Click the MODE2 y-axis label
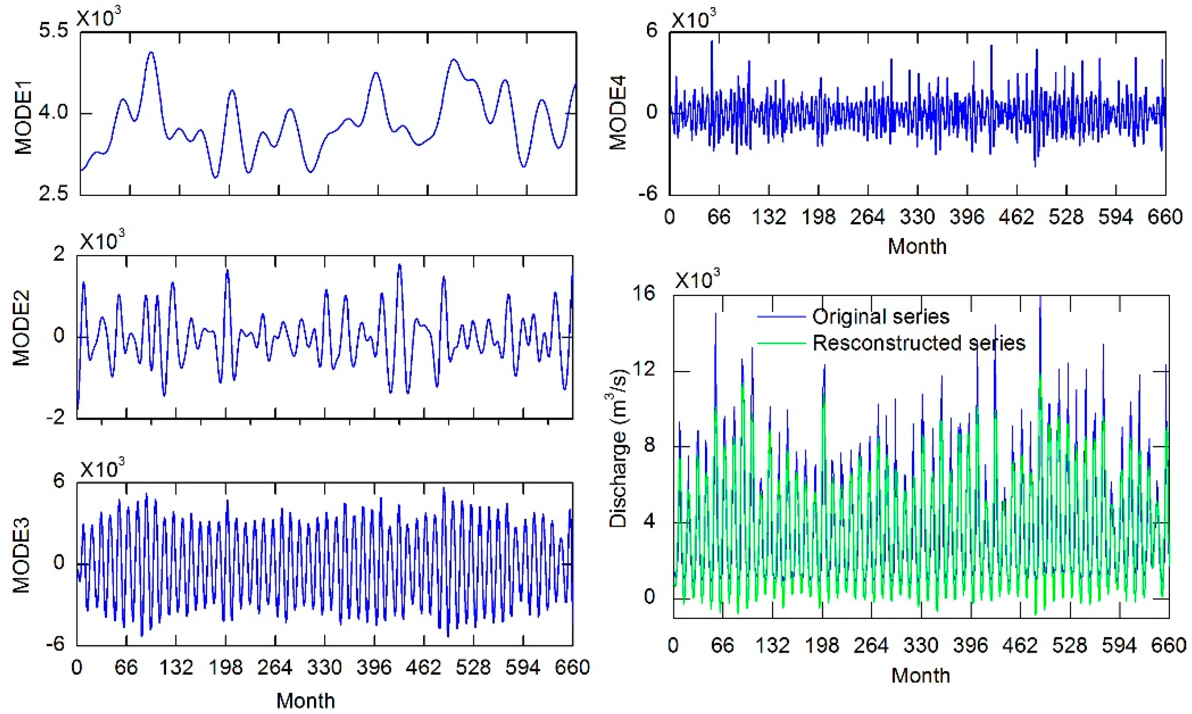click(21, 328)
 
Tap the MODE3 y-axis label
click(21, 555)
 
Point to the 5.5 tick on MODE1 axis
click(53, 31)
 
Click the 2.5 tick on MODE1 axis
click(53, 194)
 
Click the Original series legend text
click(880, 317)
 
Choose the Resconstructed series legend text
click(918, 343)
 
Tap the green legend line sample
click(781, 343)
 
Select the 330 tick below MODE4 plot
click(917, 218)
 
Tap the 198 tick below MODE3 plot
click(225, 668)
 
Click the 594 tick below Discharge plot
click(1120, 645)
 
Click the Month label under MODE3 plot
click(305, 701)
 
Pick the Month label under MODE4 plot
click(917, 246)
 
